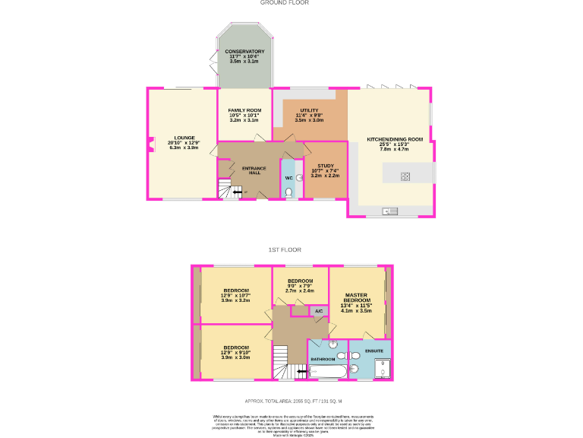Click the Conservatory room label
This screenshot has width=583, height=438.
tap(244, 52)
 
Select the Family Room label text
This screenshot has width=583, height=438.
tap(244, 110)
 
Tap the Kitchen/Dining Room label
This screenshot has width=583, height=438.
tap(394, 139)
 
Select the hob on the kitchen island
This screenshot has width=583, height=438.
tap(405, 177)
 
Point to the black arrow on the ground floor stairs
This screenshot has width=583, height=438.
tap(238, 193)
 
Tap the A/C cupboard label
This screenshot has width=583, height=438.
tap(319, 312)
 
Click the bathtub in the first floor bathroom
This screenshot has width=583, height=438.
tap(327, 371)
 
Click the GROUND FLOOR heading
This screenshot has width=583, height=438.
tap(284, 3)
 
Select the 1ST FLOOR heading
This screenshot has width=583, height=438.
tap(285, 249)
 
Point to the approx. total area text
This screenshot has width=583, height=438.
tap(293, 401)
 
